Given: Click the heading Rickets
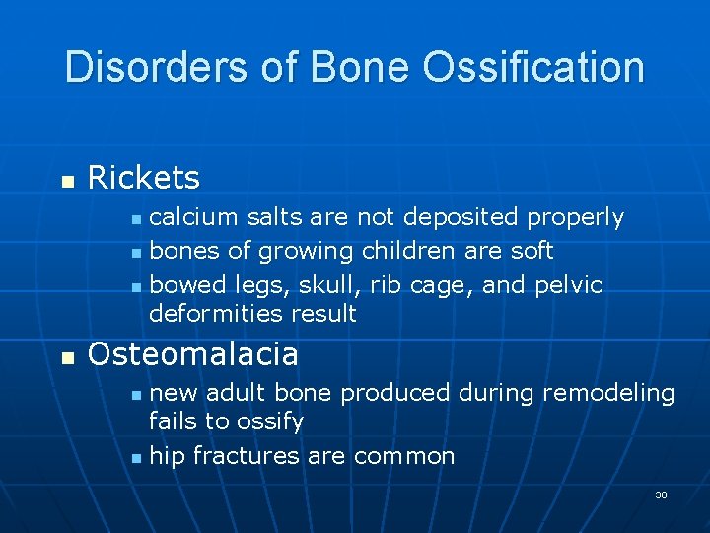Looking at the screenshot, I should point(144,178).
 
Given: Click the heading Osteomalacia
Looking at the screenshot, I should point(193,353).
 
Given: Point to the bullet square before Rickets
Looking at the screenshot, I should point(67,181).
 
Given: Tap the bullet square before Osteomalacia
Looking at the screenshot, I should point(67,356).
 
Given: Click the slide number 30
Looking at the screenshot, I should point(661,495).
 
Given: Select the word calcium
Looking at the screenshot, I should point(194,216).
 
